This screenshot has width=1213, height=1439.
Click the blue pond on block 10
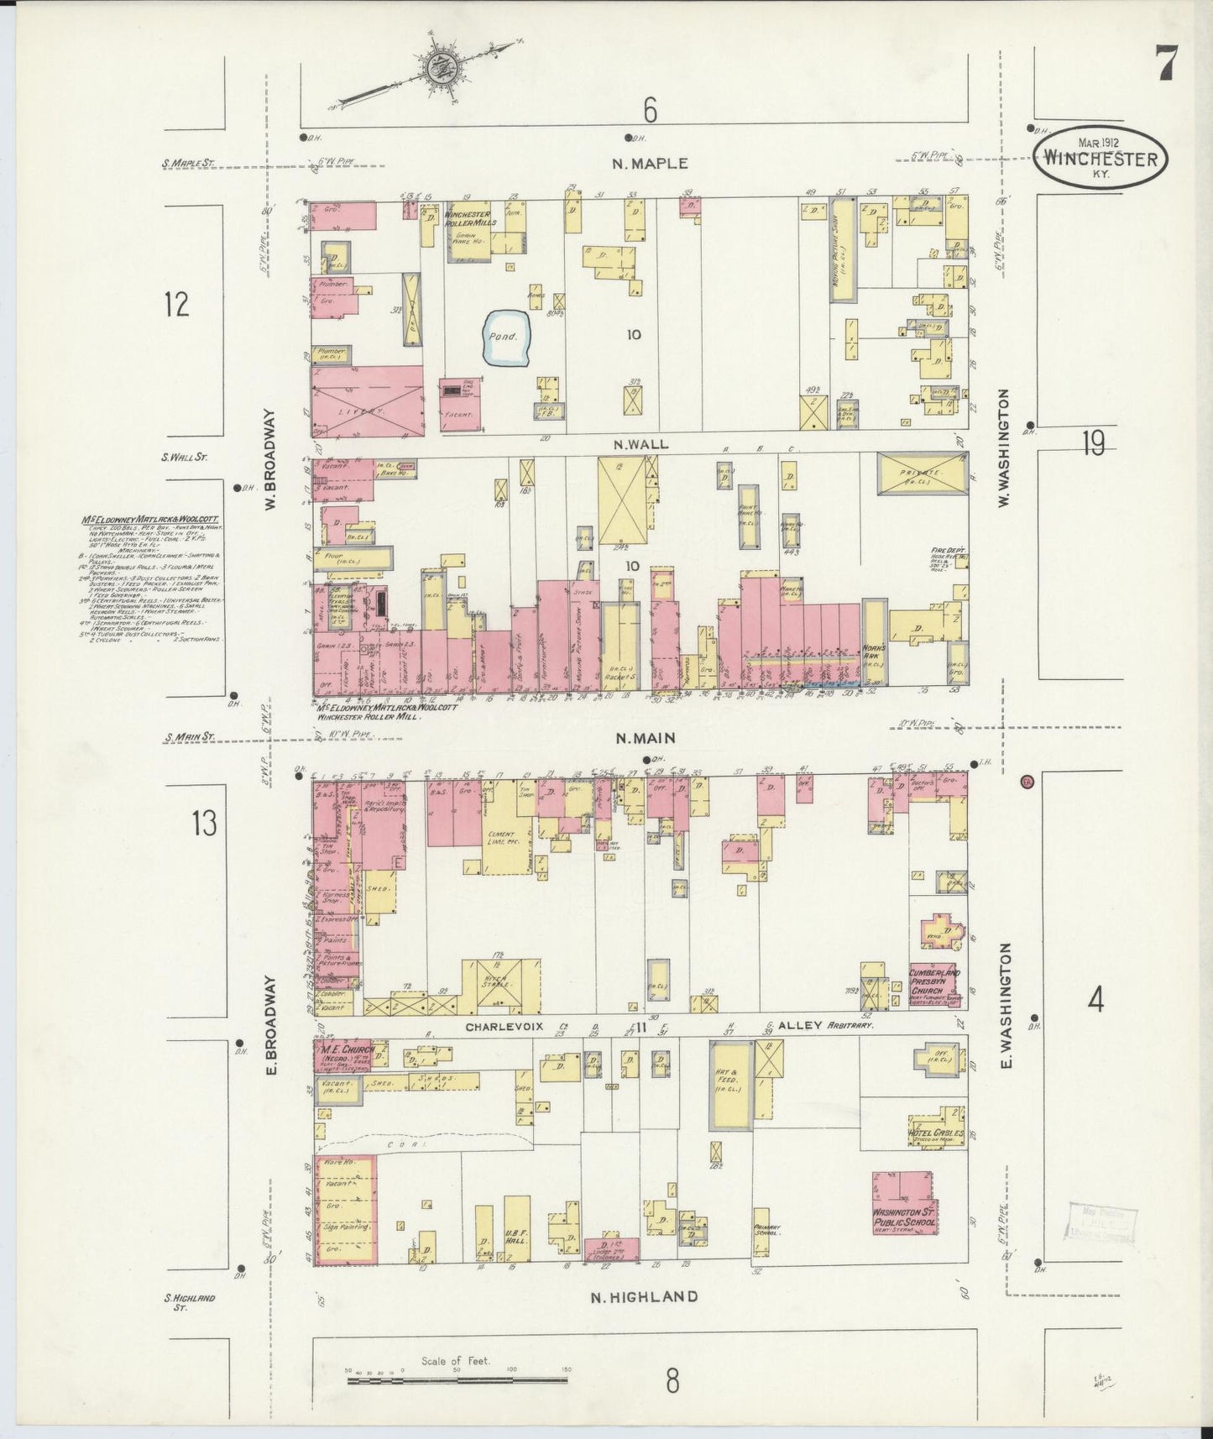(508, 339)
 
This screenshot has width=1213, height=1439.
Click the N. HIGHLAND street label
(643, 1320)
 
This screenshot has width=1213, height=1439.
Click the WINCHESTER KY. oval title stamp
(1100, 156)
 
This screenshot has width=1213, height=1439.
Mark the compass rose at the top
(438, 71)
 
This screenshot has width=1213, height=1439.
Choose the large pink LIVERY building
(367, 402)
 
